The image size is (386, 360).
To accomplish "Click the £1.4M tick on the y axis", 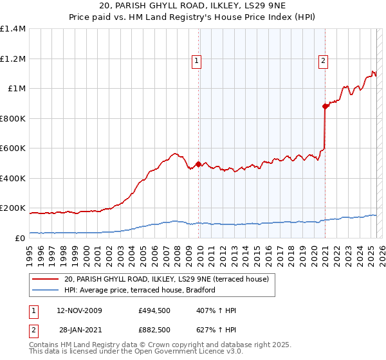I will click(x=14, y=29).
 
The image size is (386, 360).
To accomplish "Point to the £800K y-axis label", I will click(x=14, y=118).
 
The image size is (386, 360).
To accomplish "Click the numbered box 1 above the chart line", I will click(x=197, y=62).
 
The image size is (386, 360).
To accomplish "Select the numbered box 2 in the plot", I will click(x=323, y=62).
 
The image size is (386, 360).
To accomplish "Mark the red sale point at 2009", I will click(x=198, y=164).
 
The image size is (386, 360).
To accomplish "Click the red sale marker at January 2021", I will click(x=325, y=107).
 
